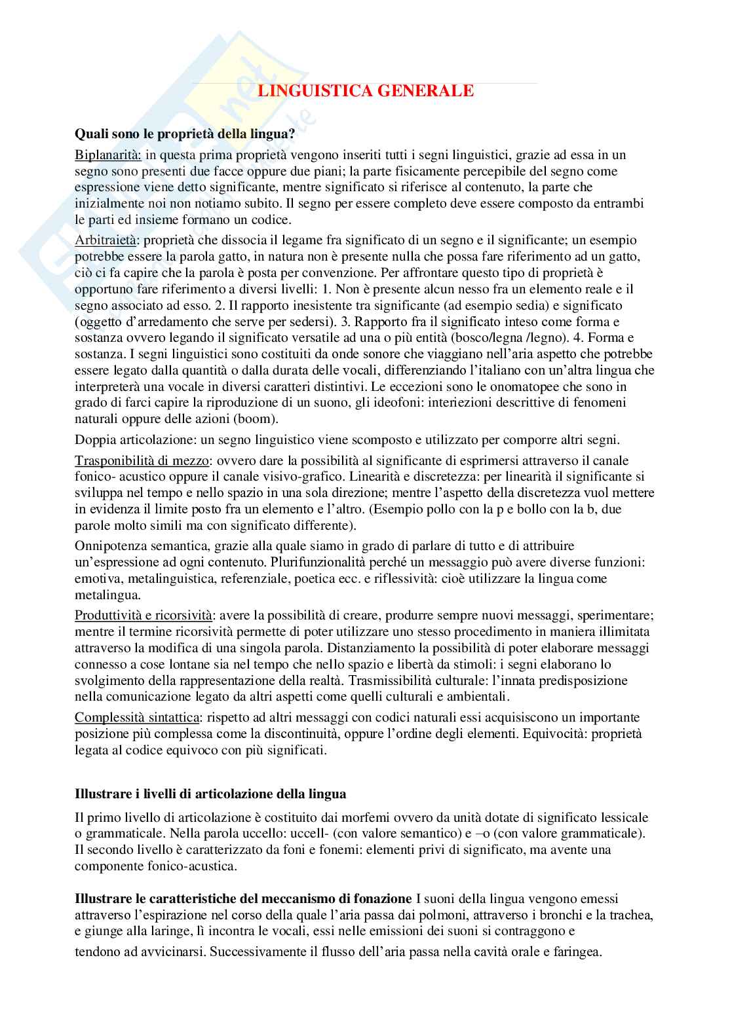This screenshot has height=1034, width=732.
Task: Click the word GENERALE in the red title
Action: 427,92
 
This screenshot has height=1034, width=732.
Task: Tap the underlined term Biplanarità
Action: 108,155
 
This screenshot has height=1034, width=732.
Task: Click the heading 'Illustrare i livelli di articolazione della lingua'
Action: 210,794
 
